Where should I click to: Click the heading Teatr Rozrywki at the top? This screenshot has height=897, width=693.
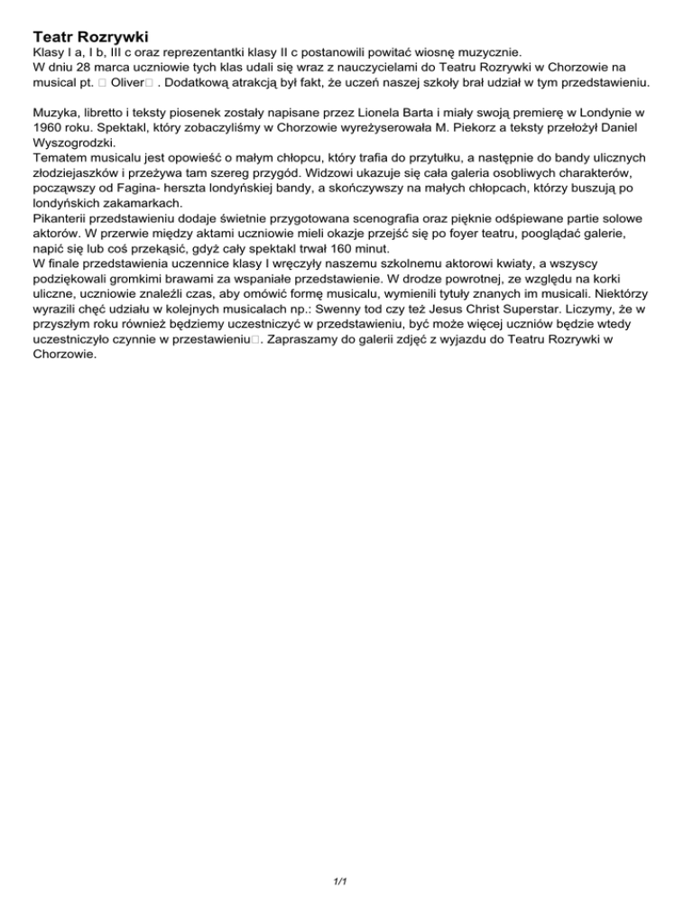pyautogui.click(x=90, y=37)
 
